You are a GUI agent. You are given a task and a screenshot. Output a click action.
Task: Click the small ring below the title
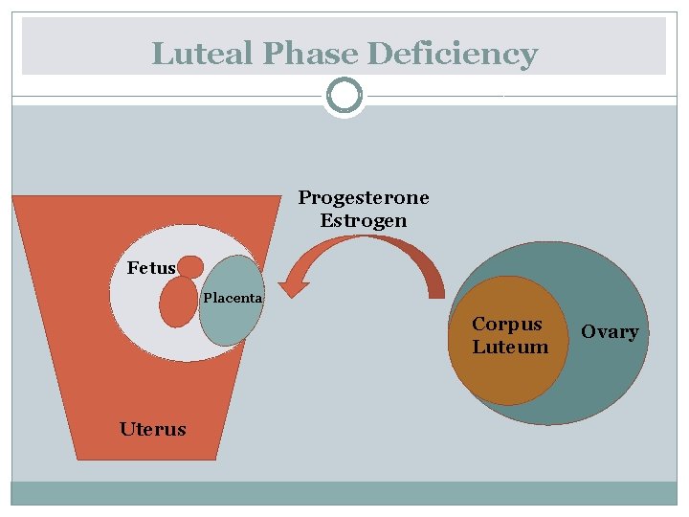pos(344,96)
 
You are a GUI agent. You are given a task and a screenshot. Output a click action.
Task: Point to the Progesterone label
pos(364,198)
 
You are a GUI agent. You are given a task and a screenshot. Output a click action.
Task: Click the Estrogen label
pos(364,221)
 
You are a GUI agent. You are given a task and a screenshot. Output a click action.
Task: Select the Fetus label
pos(151,268)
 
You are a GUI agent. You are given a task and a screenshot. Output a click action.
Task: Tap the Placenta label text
pos(233,298)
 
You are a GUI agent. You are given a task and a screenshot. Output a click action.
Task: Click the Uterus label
pos(153,429)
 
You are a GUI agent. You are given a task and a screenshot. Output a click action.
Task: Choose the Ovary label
pos(610,332)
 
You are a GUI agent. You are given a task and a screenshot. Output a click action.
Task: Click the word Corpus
pos(507,325)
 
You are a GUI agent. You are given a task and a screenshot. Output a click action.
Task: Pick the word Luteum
pos(510,347)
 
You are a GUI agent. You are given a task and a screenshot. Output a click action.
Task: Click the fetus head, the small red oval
pos(191,266)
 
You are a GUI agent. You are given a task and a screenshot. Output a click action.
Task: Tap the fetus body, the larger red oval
pos(178,303)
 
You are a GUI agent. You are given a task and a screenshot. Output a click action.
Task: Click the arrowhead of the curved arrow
pos(289,284)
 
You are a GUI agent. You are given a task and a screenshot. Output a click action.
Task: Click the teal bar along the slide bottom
pos(344,492)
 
